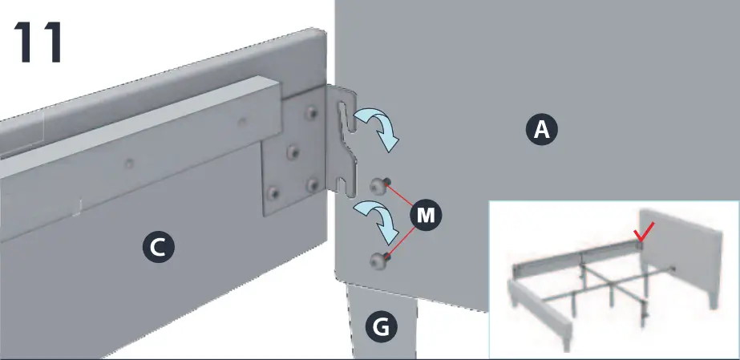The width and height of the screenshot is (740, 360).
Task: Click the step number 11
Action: coord(38,45)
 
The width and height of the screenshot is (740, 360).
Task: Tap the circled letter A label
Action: coord(542,129)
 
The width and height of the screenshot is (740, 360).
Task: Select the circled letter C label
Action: coord(158,248)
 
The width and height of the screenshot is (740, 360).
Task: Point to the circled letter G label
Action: coord(382,326)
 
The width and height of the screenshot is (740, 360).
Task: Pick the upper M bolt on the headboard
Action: coord(378,186)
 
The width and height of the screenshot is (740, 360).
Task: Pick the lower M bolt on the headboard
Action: coord(379,258)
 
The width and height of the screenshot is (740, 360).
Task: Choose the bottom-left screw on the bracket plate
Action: coord(274,193)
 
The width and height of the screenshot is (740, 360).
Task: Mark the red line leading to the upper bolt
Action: coord(401,196)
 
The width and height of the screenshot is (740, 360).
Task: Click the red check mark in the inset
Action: coord(642,233)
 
